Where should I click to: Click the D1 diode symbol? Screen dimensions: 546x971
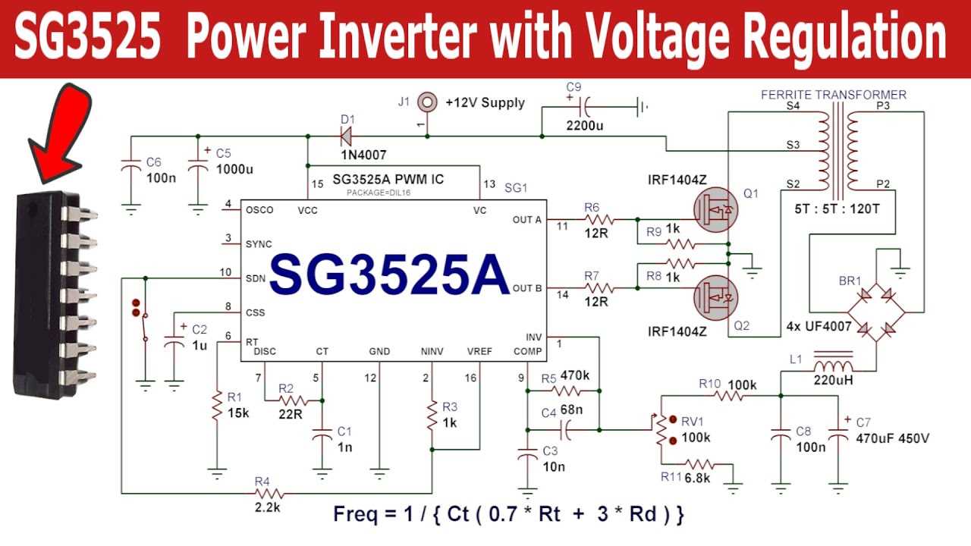tap(345, 136)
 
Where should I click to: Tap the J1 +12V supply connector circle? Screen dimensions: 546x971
tap(427, 100)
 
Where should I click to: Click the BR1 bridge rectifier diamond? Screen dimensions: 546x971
tap(876, 311)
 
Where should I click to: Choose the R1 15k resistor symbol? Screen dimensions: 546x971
tap(217, 414)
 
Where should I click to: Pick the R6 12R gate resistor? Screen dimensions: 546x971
tap(594, 220)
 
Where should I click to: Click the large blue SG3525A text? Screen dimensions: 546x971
tap(389, 275)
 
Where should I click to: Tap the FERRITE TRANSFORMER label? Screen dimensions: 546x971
tap(833, 95)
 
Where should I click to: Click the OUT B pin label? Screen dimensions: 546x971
tap(527, 288)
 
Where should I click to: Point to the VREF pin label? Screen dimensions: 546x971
tap(479, 351)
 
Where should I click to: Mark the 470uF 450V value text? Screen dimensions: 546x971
tap(892, 438)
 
